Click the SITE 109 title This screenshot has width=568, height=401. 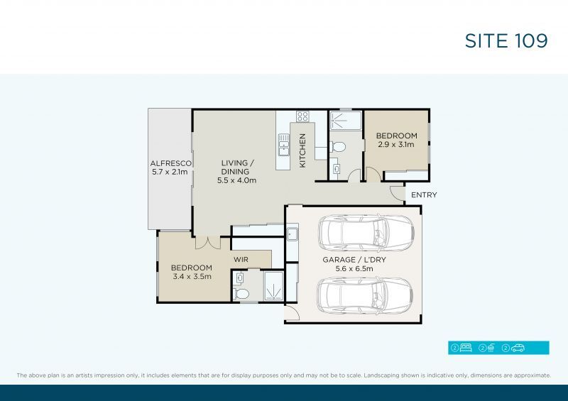point(506,40)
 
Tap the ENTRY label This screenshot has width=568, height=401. point(424,195)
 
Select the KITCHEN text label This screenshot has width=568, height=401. point(302,150)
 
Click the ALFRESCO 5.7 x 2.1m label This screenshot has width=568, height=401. point(169,167)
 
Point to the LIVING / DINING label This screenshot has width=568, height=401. point(236,171)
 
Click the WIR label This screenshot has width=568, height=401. point(241,260)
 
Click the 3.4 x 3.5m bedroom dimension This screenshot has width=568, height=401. point(191,277)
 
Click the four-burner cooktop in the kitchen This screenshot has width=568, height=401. point(302,116)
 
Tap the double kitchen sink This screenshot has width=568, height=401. point(283,145)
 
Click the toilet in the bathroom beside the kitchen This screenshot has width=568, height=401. point(338,147)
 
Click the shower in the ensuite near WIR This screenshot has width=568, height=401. point(272,287)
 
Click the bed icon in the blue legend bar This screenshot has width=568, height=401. point(467,348)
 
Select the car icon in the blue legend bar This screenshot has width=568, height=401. point(517,348)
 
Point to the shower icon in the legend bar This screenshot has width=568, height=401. point(491,348)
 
